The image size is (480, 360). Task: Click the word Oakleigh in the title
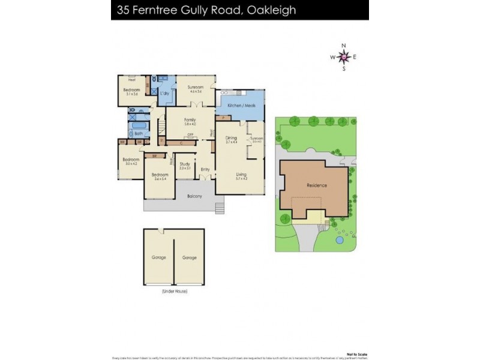271,10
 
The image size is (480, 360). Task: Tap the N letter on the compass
344,46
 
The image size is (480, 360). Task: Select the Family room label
190,120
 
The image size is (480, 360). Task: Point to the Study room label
185,164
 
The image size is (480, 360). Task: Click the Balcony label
194,196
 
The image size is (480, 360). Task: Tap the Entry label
205,169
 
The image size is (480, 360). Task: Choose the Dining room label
231,138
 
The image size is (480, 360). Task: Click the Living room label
241,175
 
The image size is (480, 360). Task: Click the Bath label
139,133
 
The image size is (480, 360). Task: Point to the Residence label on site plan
316,185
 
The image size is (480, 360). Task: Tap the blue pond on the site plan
340,239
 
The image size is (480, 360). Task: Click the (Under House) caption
175,291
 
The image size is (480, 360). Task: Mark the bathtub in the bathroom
133,118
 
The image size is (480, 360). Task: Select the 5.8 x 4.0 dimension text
190,124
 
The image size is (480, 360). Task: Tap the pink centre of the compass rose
344,57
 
